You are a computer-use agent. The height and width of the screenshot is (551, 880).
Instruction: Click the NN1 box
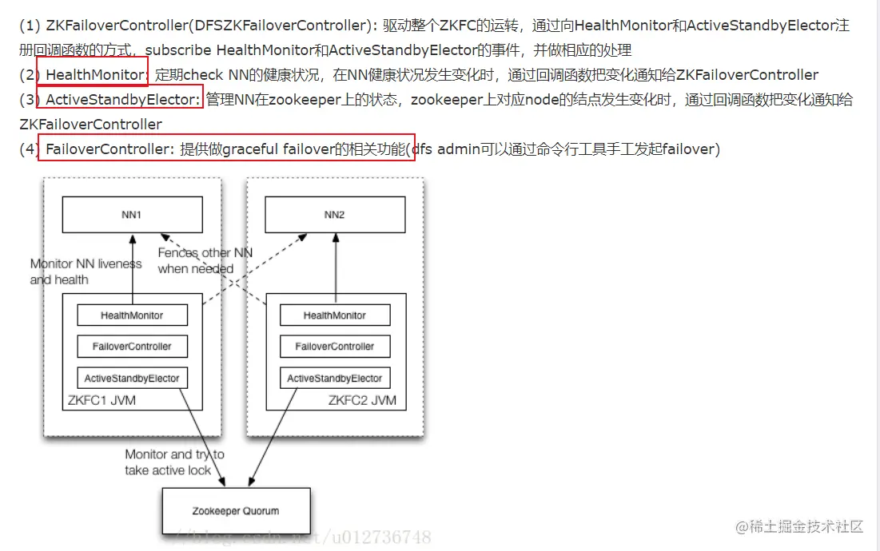pos(133,215)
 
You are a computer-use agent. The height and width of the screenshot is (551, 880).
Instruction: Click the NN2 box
pos(334,215)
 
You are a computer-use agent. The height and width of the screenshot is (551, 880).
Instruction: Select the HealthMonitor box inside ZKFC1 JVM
pos(132,315)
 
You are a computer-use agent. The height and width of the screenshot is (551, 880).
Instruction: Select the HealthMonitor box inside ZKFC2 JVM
pos(334,315)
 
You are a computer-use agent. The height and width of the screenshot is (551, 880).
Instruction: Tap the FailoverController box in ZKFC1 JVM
pos(132,347)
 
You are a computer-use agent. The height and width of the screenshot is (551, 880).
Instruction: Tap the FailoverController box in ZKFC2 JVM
pos(334,347)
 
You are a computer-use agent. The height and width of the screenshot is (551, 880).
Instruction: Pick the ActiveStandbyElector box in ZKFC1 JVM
pos(132,378)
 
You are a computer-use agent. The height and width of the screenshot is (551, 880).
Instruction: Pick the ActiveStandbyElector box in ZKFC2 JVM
pos(334,378)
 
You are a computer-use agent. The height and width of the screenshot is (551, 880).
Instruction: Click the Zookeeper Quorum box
pos(235,511)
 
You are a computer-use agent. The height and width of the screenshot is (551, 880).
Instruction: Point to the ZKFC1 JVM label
pos(102,400)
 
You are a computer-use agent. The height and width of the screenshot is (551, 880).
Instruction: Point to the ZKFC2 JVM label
pos(361,400)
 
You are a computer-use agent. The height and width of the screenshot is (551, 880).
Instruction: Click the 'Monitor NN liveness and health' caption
pos(86,272)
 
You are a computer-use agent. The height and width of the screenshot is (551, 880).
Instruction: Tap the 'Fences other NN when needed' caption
pos(205,260)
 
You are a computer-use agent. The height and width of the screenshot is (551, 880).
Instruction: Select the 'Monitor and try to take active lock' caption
pos(173,462)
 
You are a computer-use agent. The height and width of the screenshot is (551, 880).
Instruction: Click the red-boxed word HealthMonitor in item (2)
pos(96,75)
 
